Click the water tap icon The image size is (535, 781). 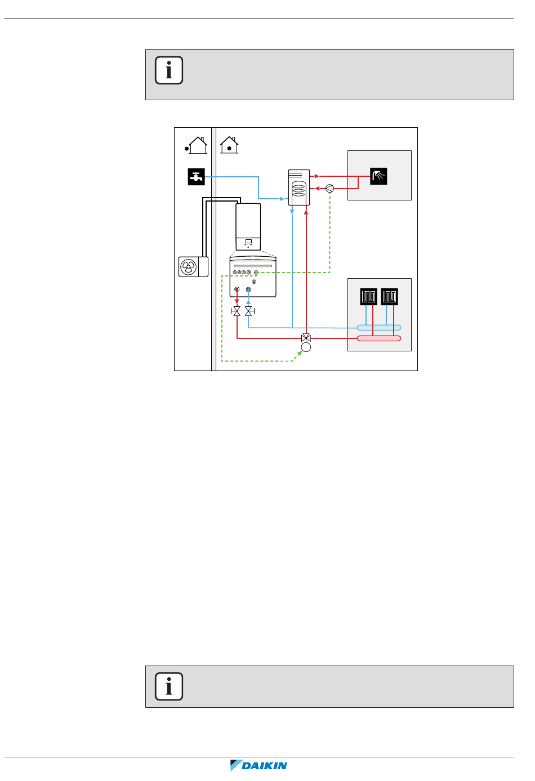pyautogui.click(x=196, y=177)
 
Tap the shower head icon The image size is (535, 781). pyautogui.click(x=379, y=176)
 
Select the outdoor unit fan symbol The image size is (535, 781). pyautogui.click(x=188, y=267)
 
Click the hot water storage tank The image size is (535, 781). pyautogui.click(x=299, y=188)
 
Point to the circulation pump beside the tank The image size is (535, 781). pyautogui.click(x=330, y=189)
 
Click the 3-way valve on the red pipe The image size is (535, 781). pyautogui.click(x=306, y=338)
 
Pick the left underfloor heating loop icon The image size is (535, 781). pyautogui.click(x=368, y=297)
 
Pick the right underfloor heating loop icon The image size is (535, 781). pyautogui.click(x=389, y=297)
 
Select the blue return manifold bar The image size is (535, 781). pyautogui.click(x=379, y=328)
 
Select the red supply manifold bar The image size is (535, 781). pyautogui.click(x=379, y=338)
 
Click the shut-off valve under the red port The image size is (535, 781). pyautogui.click(x=237, y=311)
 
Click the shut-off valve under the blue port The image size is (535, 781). pyautogui.click(x=249, y=311)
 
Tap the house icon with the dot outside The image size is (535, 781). pyautogui.click(x=195, y=145)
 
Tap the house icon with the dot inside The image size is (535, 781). pyautogui.click(x=229, y=145)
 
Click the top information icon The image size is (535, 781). pyautogui.click(x=169, y=70)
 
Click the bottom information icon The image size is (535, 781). pyautogui.click(x=169, y=686)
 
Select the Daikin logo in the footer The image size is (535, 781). pyautogui.click(x=259, y=766)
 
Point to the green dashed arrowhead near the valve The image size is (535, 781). pyautogui.click(x=298, y=354)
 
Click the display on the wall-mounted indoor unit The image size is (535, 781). pyautogui.click(x=248, y=242)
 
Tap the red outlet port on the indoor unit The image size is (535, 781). pyautogui.click(x=237, y=289)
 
